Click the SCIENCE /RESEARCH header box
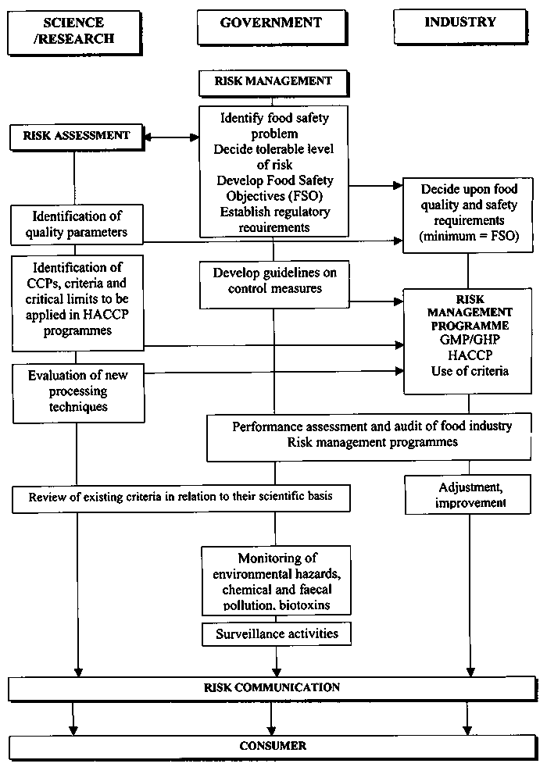75,29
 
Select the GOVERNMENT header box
271,24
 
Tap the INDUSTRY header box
460,23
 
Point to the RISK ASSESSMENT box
76,136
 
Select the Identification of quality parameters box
77,224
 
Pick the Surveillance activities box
277,633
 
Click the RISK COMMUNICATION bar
272,688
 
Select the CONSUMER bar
272,746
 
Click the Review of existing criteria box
181,498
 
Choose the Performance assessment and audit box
372,434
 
